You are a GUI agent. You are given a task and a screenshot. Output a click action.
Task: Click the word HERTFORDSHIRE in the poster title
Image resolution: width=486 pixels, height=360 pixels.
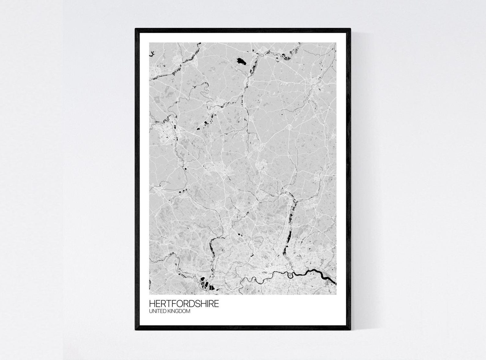pos(184,304)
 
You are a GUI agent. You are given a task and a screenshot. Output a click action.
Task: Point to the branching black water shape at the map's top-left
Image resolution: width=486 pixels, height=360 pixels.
pos(151,54)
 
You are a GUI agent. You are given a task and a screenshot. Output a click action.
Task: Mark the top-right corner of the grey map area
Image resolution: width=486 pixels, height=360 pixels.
pos(336,43)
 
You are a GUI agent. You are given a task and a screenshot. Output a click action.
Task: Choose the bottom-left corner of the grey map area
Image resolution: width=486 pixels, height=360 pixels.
pos(150,294)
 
